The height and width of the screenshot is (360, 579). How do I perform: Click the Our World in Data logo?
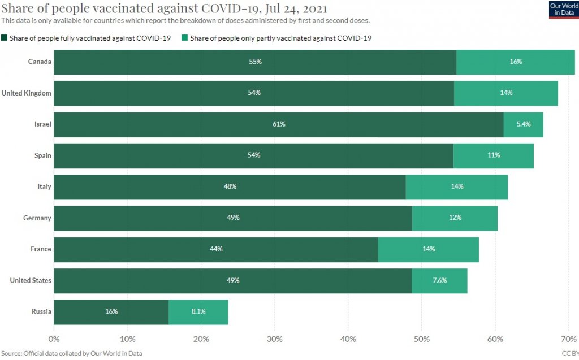point(563,10)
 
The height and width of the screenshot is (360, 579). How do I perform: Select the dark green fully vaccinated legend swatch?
point(5,38)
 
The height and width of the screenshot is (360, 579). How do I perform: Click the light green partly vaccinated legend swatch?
point(185,38)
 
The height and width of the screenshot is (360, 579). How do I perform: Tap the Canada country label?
point(40,62)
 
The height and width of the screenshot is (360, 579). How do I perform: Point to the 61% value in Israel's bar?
point(279,124)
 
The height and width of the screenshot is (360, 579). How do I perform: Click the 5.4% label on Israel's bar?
point(524,124)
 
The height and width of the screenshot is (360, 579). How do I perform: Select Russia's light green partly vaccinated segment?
point(198,311)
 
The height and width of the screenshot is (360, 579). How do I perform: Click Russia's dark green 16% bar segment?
point(111,311)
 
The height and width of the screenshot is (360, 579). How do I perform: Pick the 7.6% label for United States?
point(439,280)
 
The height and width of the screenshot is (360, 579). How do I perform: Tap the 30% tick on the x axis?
point(275,339)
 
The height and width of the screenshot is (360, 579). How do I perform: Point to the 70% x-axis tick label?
point(567,339)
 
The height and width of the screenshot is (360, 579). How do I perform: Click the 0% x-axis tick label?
point(54,339)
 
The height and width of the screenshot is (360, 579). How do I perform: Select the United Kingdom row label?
point(27,93)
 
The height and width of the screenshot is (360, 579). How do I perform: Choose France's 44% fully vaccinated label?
point(216,249)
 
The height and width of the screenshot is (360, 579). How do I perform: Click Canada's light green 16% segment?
point(516,62)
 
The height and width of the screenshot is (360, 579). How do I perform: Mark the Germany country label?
point(37,218)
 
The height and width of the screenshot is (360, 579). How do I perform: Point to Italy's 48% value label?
point(230,186)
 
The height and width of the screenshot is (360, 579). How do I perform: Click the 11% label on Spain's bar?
point(494,155)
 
